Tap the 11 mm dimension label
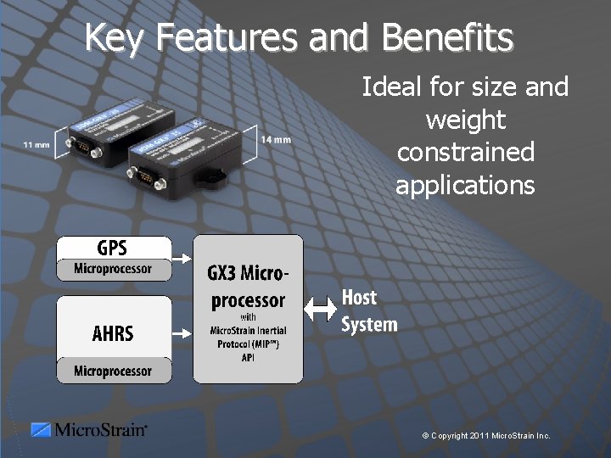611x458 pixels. tap(36, 146)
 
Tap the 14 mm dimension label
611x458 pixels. tap(276, 139)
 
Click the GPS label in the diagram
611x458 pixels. tap(112, 248)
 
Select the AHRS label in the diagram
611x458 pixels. tap(113, 333)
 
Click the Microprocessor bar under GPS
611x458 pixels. tap(113, 270)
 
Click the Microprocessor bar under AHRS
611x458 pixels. tap(113, 371)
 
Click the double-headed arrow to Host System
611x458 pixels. tap(321, 310)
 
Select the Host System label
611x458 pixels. tap(369, 310)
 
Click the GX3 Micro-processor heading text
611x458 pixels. tap(248, 287)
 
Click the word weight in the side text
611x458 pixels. tap(465, 120)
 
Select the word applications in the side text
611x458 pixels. tap(465, 185)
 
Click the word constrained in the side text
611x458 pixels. tap(465, 153)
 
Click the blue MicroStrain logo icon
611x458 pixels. tap(41, 430)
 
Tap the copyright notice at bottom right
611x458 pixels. tap(486, 436)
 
